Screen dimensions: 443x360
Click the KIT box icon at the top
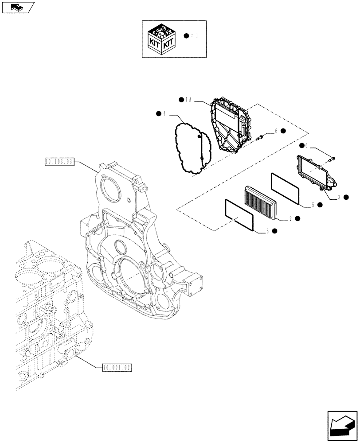[161, 39]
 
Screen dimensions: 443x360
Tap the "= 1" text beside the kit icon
[194, 35]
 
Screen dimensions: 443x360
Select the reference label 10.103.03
[59, 162]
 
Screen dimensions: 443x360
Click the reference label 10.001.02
[117, 367]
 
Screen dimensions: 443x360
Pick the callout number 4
[164, 114]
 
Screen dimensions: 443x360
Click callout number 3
[339, 197]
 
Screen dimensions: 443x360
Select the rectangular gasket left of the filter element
[239, 214]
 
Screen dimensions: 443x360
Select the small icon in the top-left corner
[17, 7]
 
